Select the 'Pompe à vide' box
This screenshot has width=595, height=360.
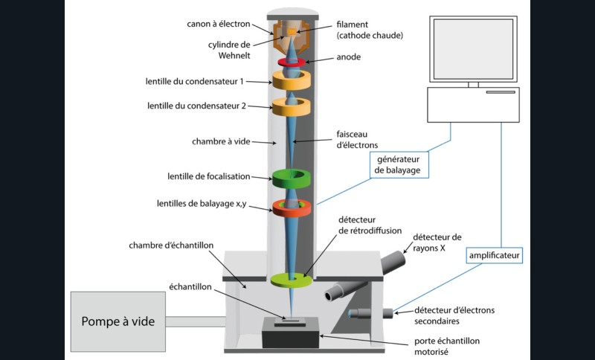(118, 321)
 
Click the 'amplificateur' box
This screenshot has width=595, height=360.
(495, 255)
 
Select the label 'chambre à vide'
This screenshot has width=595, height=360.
(219, 141)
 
